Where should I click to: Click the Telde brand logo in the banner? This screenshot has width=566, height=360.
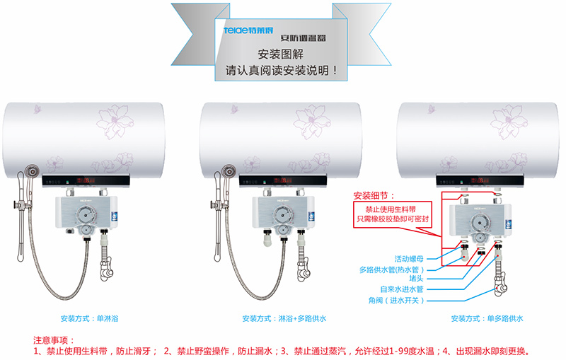[x=247, y=32]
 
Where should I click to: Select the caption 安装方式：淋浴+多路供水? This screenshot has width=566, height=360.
[x=284, y=319]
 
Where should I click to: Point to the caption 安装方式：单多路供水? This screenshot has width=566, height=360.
[x=485, y=319]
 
